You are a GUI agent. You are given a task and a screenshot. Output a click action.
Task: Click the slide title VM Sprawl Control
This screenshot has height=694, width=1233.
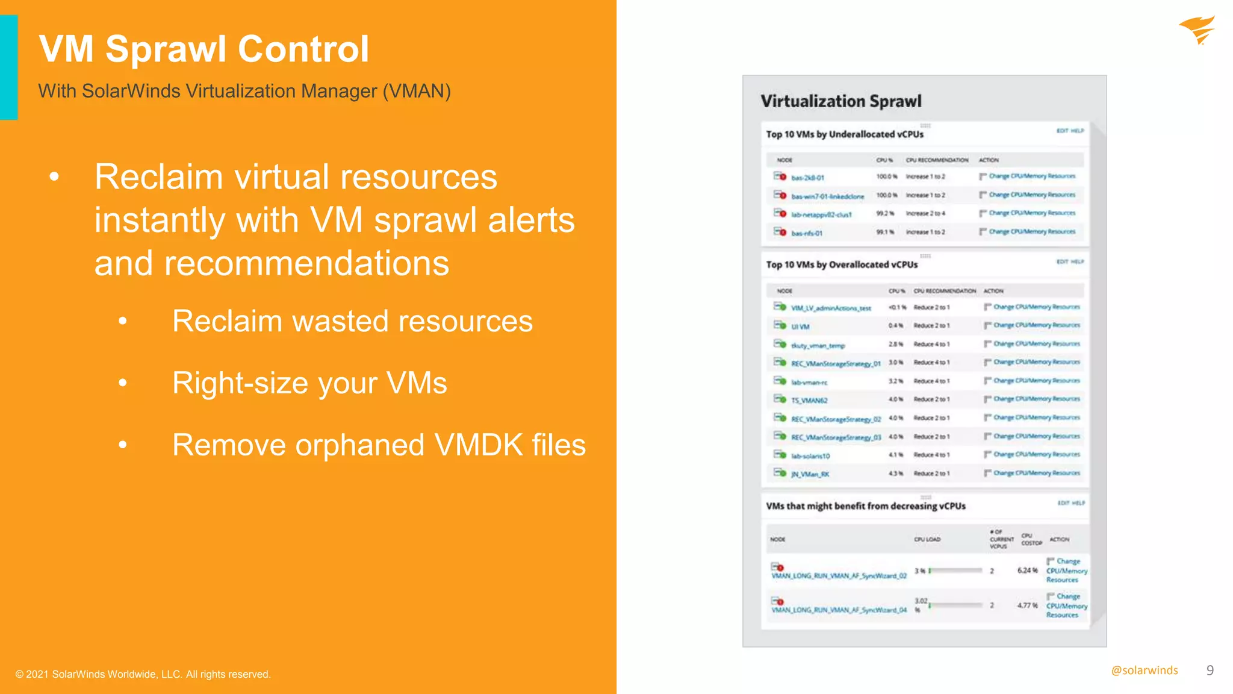click(x=203, y=49)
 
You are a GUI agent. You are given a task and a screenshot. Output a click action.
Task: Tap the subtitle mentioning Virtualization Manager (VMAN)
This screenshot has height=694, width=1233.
click(x=244, y=91)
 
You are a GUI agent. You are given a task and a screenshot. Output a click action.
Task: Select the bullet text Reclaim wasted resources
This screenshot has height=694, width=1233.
click(x=352, y=321)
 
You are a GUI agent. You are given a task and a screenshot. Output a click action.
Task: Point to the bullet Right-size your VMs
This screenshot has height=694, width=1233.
click(x=309, y=383)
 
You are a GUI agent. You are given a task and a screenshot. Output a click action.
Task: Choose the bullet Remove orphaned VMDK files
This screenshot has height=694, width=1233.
click(x=379, y=445)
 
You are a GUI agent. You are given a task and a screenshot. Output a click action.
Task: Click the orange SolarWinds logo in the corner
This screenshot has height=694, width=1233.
click(x=1197, y=30)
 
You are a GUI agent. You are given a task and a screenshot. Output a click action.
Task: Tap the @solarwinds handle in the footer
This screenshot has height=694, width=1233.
click(x=1144, y=671)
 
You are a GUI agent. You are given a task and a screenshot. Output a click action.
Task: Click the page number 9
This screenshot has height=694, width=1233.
click(x=1210, y=671)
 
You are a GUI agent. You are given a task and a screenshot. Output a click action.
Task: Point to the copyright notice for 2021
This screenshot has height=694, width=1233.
click(x=143, y=674)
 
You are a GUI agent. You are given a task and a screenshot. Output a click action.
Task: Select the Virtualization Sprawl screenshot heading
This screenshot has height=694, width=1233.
click(x=840, y=101)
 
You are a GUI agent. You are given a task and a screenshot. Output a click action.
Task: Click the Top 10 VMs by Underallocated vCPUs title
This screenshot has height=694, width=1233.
click(x=844, y=134)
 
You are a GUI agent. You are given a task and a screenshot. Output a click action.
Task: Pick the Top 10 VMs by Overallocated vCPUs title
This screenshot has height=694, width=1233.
click(x=842, y=264)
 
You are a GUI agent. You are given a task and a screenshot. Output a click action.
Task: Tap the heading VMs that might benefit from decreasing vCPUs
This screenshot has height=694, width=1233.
click(x=865, y=506)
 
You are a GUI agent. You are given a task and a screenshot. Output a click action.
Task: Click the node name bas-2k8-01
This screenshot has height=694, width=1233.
click(x=807, y=178)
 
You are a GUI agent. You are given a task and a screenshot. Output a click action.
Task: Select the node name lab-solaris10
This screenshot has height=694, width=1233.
click(x=810, y=456)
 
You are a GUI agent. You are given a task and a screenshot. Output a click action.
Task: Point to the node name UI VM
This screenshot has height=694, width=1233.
click(x=800, y=327)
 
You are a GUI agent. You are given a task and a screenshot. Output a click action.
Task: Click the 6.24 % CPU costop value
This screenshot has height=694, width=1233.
click(x=1027, y=571)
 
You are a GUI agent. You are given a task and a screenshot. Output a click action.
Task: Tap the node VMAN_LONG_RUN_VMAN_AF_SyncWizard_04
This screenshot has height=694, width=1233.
click(x=839, y=610)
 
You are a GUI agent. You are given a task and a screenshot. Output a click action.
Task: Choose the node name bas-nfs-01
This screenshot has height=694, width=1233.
click(x=807, y=233)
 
